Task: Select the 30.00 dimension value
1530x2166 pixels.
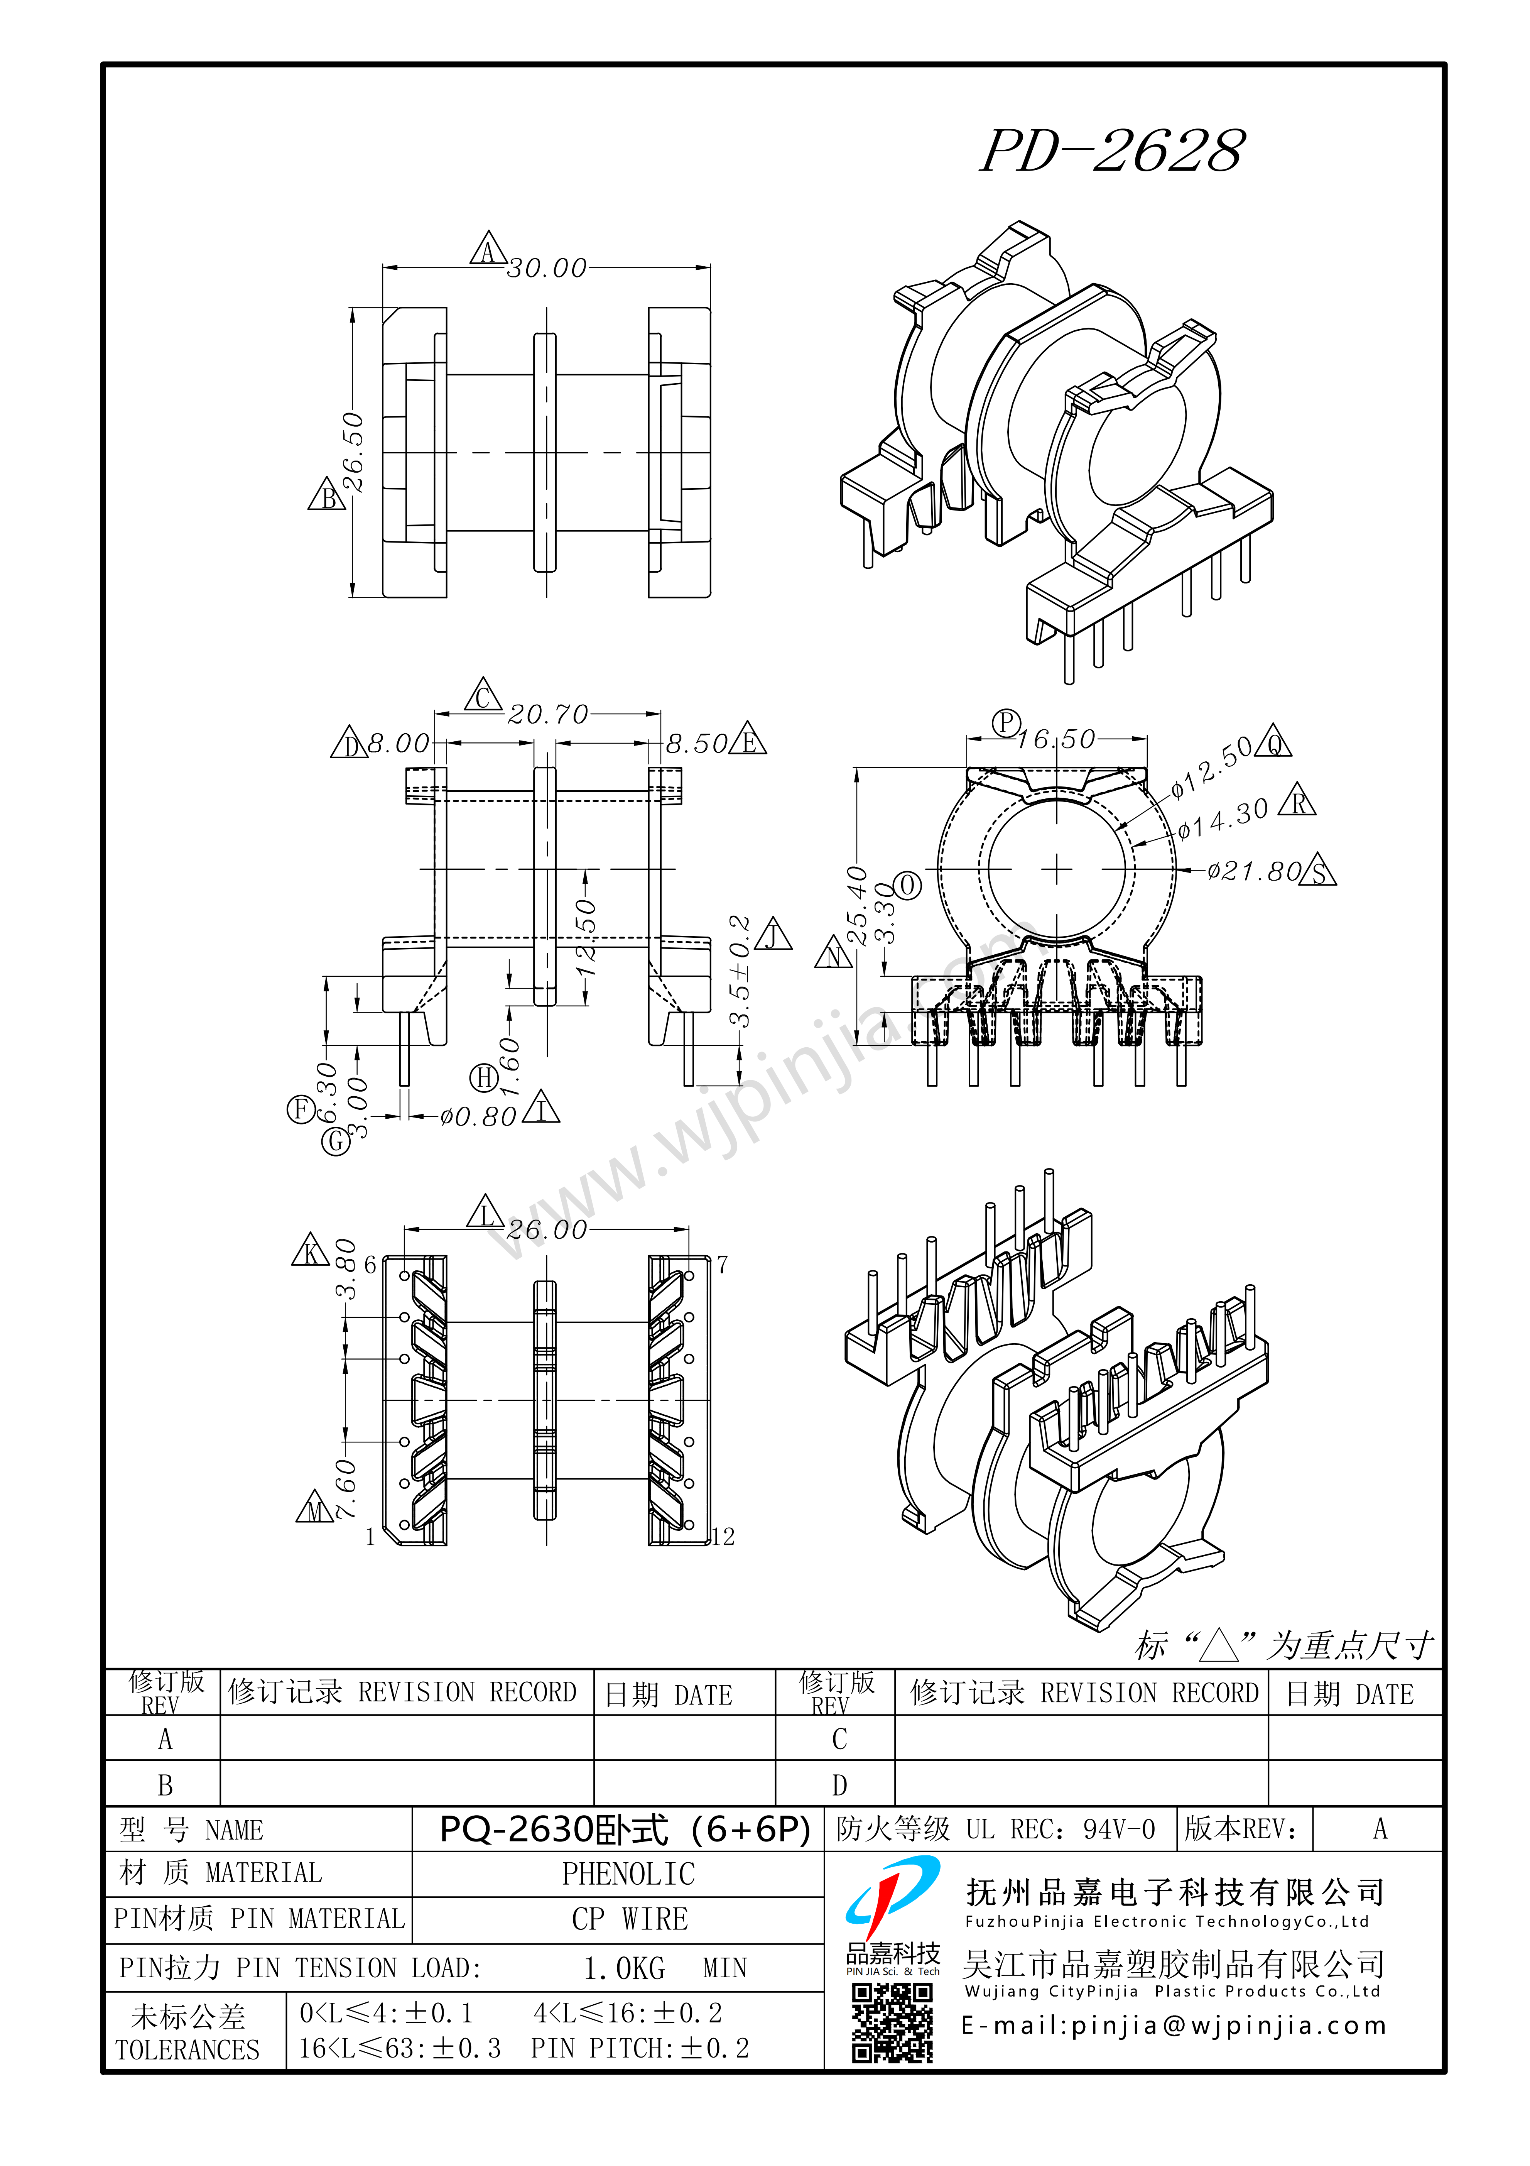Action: pos(547,269)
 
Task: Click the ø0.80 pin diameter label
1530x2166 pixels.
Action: pos(478,1118)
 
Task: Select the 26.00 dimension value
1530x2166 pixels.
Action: pos(547,1230)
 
